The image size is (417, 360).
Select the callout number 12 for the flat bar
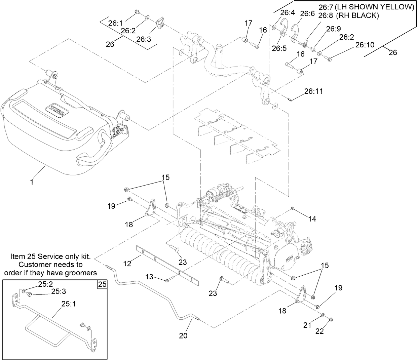pos(127,264)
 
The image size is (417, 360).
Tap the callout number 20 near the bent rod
pos(183,335)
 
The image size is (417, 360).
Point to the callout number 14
pos(312,219)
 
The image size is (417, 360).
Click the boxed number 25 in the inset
pos(102,284)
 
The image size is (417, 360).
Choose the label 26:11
pos(313,91)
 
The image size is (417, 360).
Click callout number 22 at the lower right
pos(319,331)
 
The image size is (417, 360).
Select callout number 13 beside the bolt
pos(149,277)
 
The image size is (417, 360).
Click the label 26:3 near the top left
pos(144,39)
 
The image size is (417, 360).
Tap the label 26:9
pos(333,29)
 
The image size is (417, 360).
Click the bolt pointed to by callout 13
pos(168,280)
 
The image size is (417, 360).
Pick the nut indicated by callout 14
pos(293,209)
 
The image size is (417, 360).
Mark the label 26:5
pos(279,48)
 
